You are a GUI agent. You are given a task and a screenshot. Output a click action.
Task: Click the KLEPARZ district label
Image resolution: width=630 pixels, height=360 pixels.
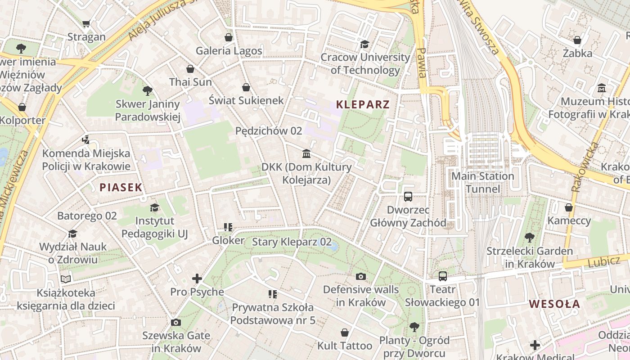pyautogui.click(x=363, y=105)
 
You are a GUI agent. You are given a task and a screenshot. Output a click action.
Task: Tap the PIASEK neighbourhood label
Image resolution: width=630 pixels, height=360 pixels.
pyautogui.click(x=121, y=188)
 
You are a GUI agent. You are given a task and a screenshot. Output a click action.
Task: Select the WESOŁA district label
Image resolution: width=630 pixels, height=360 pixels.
pyautogui.click(x=554, y=304)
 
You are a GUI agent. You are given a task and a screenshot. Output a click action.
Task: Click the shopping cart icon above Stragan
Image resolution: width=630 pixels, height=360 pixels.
pyautogui.click(x=86, y=24)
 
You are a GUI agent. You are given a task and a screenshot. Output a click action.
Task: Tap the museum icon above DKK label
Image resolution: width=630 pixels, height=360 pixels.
pyautogui.click(x=306, y=154)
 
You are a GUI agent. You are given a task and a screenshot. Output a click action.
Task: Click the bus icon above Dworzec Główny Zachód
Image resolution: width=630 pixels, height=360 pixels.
pyautogui.click(x=408, y=197)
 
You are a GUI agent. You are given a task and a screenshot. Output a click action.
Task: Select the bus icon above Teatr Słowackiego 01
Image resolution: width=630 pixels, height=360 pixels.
pyautogui.click(x=442, y=276)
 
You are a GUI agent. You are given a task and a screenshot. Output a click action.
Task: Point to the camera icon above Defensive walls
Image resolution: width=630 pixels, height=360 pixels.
pyautogui.click(x=360, y=276)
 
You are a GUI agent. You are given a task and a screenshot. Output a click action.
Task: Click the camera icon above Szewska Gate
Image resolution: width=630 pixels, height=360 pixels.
pyautogui.click(x=176, y=322)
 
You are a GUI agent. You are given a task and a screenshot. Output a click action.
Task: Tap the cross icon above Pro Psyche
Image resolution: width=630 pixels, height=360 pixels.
pyautogui.click(x=197, y=279)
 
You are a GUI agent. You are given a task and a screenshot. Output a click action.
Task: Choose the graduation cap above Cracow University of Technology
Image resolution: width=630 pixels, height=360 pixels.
pyautogui.click(x=364, y=44)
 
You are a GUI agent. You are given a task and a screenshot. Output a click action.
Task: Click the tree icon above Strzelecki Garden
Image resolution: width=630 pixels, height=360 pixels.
pyautogui.click(x=529, y=238)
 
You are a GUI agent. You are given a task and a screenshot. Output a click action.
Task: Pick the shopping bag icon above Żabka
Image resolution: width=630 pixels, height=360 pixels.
pyautogui.click(x=577, y=40)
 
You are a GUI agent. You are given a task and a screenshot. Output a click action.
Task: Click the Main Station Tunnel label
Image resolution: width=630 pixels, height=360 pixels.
pyautogui.click(x=482, y=182)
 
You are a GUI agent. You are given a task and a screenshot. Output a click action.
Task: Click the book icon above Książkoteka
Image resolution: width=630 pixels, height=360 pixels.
pyautogui.click(x=66, y=279)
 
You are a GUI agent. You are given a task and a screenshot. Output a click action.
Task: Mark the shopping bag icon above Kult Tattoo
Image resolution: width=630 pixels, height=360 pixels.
pyautogui.click(x=345, y=333)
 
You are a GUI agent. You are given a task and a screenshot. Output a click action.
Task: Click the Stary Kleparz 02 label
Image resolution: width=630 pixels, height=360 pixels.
pyautogui.click(x=292, y=242)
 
